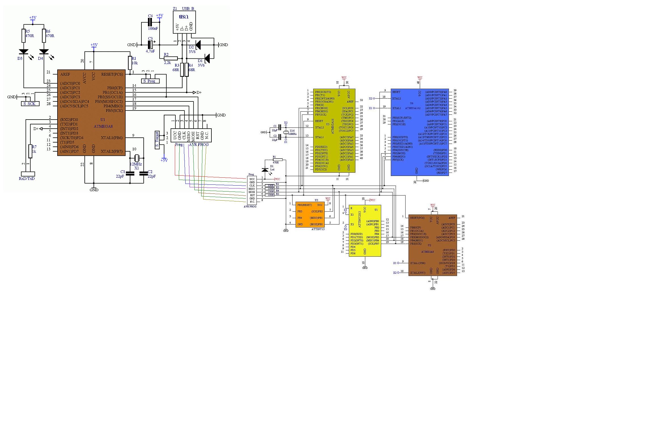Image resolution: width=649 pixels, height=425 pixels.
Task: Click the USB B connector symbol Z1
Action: [184, 22]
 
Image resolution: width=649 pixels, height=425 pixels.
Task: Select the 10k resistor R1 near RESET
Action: [130, 63]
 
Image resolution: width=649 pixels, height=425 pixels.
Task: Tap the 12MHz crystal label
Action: [136, 164]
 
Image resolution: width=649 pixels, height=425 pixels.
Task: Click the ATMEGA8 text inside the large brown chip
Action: [103, 126]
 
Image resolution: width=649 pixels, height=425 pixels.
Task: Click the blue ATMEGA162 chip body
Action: [419, 132]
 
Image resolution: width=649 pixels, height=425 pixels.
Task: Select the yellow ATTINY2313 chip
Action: [365, 231]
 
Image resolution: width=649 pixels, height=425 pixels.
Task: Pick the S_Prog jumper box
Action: [150, 81]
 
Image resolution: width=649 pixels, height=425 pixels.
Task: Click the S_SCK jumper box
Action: [30, 104]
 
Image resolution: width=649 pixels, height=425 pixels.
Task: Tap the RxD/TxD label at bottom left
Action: [27, 178]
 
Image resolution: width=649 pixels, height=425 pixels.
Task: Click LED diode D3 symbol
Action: [24, 52]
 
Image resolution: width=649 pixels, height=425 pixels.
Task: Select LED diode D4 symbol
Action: [44, 52]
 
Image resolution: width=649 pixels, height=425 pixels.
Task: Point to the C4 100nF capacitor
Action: [150, 22]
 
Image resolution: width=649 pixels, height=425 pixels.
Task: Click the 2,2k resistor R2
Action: [171, 58]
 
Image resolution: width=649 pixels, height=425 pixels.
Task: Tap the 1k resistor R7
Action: [30, 151]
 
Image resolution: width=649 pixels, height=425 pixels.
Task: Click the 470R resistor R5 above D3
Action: [24, 36]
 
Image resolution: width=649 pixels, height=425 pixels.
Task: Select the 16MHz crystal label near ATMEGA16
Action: [292, 134]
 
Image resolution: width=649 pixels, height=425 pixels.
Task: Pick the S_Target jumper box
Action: [157, 140]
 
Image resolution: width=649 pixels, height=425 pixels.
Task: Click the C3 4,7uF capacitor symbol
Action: [150, 45]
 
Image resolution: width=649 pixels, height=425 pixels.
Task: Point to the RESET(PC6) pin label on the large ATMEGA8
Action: [112, 75]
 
